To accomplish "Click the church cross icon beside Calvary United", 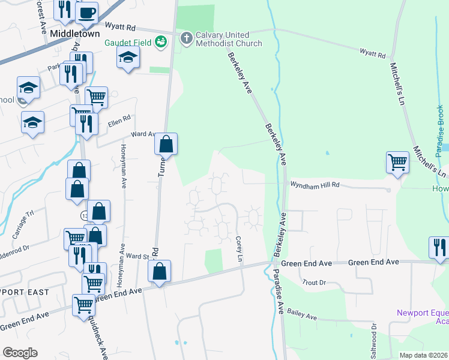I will [186, 38].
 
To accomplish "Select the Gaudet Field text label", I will [128, 42].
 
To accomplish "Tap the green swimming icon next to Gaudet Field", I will [160, 41].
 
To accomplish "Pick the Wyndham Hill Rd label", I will [315, 185].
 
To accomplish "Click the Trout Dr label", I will [313, 281].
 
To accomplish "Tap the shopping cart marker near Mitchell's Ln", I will [397, 161].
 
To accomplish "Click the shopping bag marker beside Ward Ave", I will [166, 144].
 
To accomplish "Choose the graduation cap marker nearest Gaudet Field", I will [128, 58].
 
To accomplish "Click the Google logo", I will [19, 353].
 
